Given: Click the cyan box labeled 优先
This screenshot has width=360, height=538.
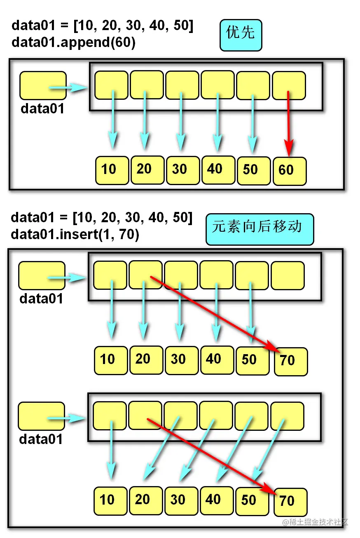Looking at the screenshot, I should pyautogui.click(x=241, y=35).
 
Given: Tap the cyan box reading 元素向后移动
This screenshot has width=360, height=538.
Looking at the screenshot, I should pyautogui.click(x=259, y=229).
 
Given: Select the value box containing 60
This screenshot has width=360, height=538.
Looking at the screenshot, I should pyautogui.click(x=290, y=171).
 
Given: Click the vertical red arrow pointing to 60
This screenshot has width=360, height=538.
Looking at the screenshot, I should pyautogui.click(x=289, y=124).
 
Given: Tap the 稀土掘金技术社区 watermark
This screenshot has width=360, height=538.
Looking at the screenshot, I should pyautogui.click(x=315, y=522).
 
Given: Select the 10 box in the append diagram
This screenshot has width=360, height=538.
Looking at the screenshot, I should pyautogui.click(x=112, y=170).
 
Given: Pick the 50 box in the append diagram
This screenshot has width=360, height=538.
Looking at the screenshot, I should pyautogui.click(x=254, y=170).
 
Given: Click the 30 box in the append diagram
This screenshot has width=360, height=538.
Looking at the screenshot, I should pyautogui.click(x=183, y=170).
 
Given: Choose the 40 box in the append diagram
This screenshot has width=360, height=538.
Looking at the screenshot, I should pyautogui.click(x=218, y=169).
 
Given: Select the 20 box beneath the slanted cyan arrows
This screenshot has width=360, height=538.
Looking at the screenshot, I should pyautogui.click(x=146, y=500).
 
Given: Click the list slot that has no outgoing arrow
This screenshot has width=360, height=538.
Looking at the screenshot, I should pyautogui.click(x=288, y=275).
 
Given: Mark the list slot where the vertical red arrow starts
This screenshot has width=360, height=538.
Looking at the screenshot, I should pyautogui.click(x=289, y=85).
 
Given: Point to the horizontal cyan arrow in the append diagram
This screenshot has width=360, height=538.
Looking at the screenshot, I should pyautogui.click(x=68, y=87).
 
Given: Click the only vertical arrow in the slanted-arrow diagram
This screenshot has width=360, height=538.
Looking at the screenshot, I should pyautogui.click(x=110, y=453).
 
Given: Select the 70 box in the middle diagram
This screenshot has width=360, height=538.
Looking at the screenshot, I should pyautogui.click(x=290, y=362).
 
